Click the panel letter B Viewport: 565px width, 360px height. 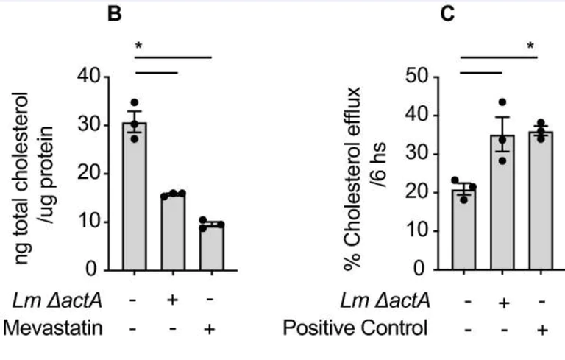coord(115,14)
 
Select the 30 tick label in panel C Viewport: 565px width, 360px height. coord(421,153)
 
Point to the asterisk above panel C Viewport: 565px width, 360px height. coord(530,47)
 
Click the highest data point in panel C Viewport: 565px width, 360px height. coord(502,102)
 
